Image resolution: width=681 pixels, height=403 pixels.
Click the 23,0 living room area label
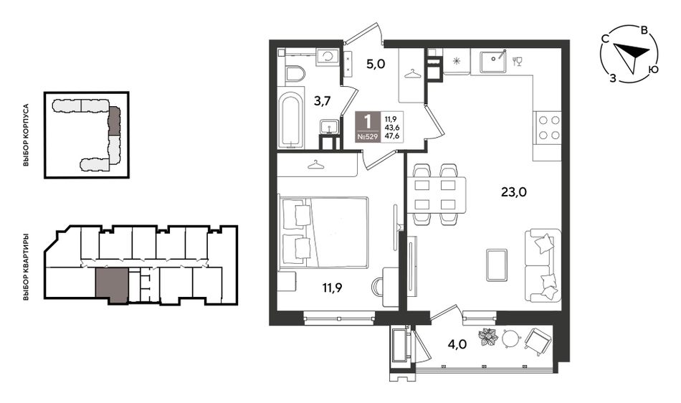[514, 191]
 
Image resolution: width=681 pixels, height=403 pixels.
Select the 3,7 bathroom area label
[323, 101]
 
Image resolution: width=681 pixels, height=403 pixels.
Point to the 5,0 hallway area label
[376, 65]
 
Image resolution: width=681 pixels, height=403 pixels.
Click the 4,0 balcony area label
[457, 344]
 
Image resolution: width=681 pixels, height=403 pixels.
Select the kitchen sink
[493, 61]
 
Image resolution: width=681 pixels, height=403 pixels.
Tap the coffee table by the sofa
[497, 265]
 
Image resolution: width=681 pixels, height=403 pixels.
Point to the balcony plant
[489, 338]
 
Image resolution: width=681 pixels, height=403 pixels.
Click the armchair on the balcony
[537, 341]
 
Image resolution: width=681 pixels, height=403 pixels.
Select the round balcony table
[510, 338]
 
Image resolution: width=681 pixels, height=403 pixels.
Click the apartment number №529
[368, 136]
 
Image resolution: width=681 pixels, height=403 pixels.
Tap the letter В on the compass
[645, 30]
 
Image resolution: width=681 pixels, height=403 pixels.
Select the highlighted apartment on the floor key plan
[112, 285]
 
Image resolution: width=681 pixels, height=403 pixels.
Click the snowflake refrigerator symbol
[457, 61]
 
